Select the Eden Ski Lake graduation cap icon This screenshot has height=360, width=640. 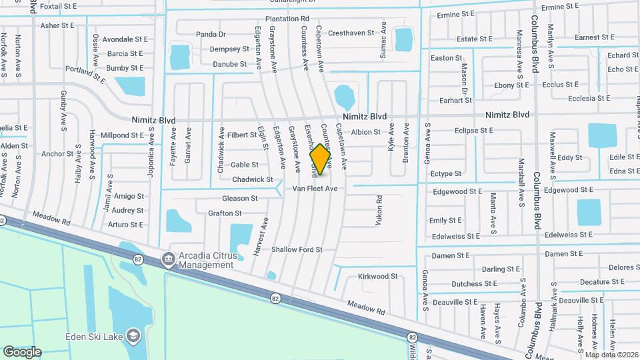(133, 335)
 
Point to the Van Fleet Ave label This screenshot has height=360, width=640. (315, 189)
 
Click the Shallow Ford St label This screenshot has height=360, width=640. (297, 250)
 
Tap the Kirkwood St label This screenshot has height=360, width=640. (377, 276)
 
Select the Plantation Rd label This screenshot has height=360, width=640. (287, 19)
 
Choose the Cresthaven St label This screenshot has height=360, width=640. (351, 33)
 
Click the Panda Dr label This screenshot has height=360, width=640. (211, 34)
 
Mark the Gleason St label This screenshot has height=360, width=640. (239, 199)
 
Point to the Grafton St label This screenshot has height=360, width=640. (225, 213)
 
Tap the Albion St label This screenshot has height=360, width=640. (365, 132)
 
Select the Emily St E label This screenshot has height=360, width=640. (445, 220)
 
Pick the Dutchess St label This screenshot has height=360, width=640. (471, 284)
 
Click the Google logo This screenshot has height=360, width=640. (22, 351)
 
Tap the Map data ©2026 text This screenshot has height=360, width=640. (611, 355)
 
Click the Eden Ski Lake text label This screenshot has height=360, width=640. (94, 337)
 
